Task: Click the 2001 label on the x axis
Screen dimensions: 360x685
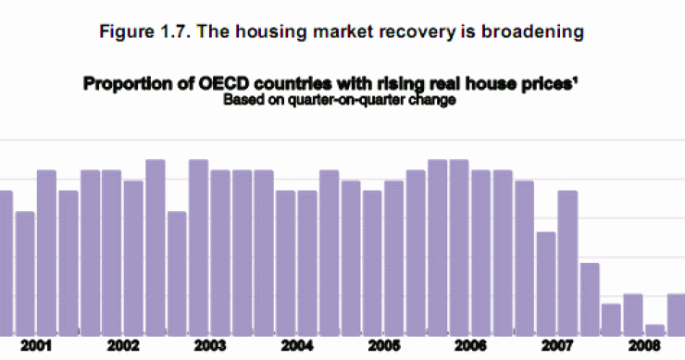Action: [38, 346]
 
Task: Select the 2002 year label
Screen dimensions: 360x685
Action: [123, 346]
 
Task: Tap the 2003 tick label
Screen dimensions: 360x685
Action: [210, 346]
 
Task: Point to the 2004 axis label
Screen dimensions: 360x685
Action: [296, 346]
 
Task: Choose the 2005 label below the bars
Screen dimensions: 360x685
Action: [383, 346]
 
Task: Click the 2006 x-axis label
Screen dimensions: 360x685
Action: [470, 346]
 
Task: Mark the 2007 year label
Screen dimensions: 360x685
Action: [556, 346]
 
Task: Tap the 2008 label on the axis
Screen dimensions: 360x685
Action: [643, 346]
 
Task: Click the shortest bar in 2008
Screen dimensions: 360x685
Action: [654, 329]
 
